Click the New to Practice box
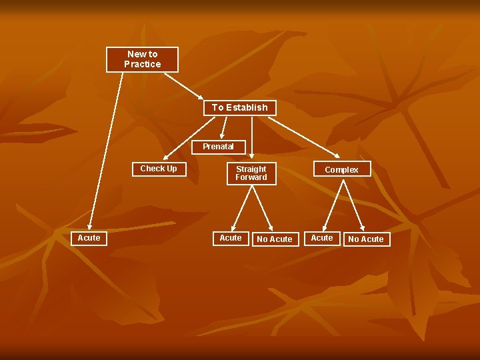click(143, 59)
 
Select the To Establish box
click(239, 107)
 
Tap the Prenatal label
click(218, 147)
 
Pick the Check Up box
click(159, 169)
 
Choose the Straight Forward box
click(251, 173)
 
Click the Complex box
click(341, 170)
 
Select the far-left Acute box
click(89, 238)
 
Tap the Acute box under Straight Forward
click(231, 238)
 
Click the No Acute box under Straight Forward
click(275, 239)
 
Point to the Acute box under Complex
click(322, 238)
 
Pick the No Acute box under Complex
click(366, 239)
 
